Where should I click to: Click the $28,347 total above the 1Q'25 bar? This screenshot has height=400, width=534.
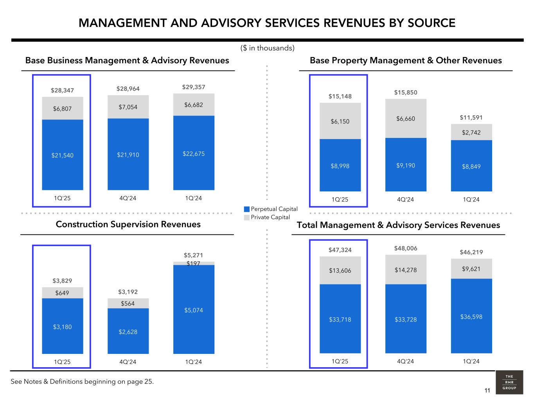[62, 91]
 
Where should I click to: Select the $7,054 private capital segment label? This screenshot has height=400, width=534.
[128, 107]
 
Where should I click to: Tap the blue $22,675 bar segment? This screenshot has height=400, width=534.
[194, 153]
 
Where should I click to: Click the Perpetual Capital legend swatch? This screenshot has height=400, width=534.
[246, 209]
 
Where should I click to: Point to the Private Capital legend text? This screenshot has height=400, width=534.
[270, 217]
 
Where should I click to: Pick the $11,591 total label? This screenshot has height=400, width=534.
[471, 117]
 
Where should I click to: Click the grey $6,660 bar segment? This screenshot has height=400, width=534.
[406, 118]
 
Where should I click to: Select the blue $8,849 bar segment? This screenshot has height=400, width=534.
[471, 166]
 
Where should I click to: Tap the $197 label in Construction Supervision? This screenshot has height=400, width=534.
[194, 264]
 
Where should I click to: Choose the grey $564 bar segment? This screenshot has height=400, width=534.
[128, 304]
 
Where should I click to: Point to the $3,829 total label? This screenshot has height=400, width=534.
[62, 280]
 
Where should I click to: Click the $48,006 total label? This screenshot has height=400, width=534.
[406, 248]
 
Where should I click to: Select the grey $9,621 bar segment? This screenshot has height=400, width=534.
[471, 269]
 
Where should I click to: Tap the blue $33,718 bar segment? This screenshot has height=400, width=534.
[340, 319]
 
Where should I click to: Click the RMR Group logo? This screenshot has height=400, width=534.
[509, 382]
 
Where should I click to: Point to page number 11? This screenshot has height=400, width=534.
[487, 391]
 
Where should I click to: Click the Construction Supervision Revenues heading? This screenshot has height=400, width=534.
[128, 224]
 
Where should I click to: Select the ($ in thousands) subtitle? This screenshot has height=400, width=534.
[267, 48]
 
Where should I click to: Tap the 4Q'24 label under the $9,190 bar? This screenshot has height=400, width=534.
[405, 200]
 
